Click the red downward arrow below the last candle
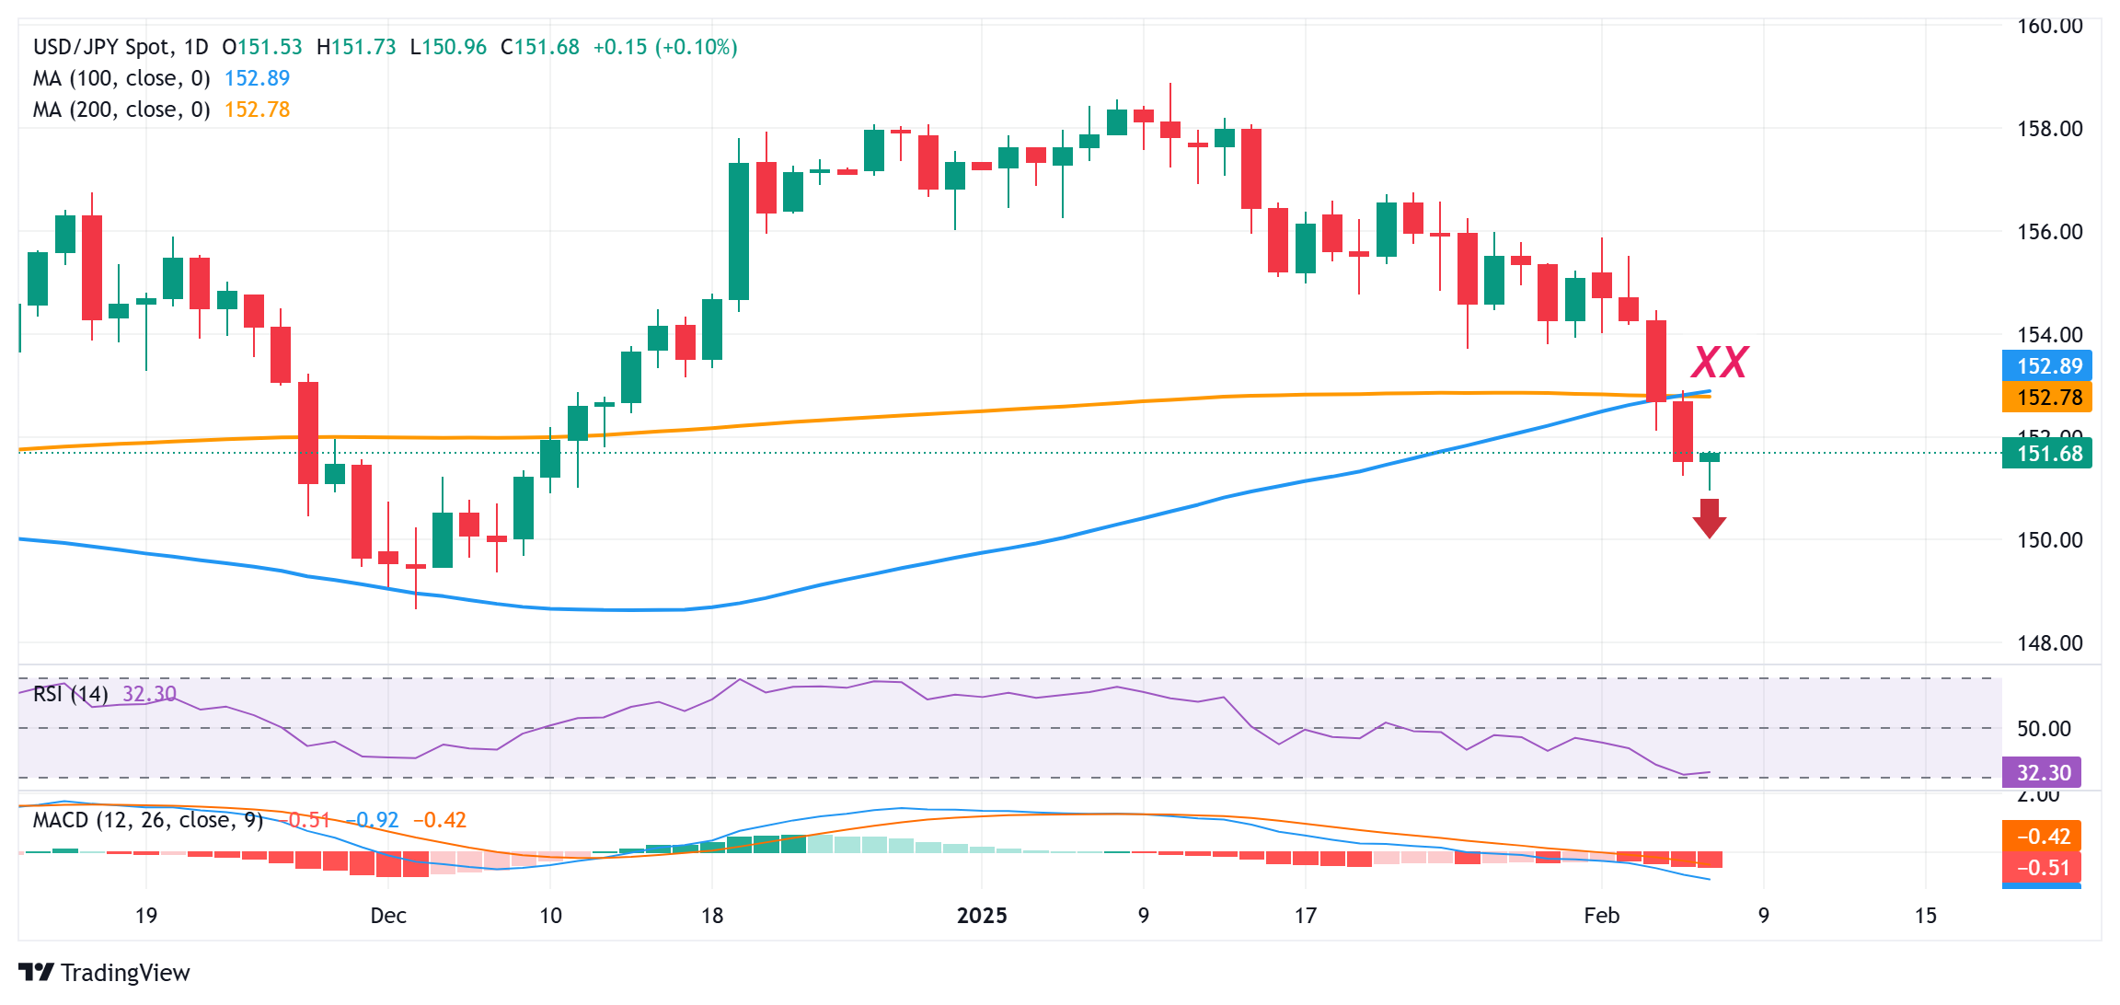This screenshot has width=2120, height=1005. tap(1709, 518)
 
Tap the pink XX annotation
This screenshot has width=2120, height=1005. tap(1720, 363)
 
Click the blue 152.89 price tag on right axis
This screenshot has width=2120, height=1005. tap(2046, 366)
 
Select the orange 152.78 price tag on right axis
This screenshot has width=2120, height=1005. tap(2046, 398)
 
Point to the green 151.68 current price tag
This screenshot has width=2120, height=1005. tap(2046, 454)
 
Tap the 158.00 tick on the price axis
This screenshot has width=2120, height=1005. tap(2049, 129)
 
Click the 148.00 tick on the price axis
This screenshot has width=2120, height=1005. tap(2049, 643)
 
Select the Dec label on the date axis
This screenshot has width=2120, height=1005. tap(387, 916)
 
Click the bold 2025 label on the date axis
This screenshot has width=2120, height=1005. tap(982, 916)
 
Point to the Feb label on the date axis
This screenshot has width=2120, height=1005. tap(1601, 916)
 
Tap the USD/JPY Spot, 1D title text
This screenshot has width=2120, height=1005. tap(121, 47)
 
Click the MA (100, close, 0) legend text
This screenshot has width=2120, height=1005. tap(121, 78)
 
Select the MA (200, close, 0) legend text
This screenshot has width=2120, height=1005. tap(121, 110)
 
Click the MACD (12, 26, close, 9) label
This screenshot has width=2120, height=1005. tap(147, 820)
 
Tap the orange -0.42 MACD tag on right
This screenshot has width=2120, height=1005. tap(2042, 837)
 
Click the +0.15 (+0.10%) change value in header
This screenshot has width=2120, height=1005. tap(664, 47)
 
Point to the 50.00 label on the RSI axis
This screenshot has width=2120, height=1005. tap(2043, 729)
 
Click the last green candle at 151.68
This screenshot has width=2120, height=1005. tap(1709, 457)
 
